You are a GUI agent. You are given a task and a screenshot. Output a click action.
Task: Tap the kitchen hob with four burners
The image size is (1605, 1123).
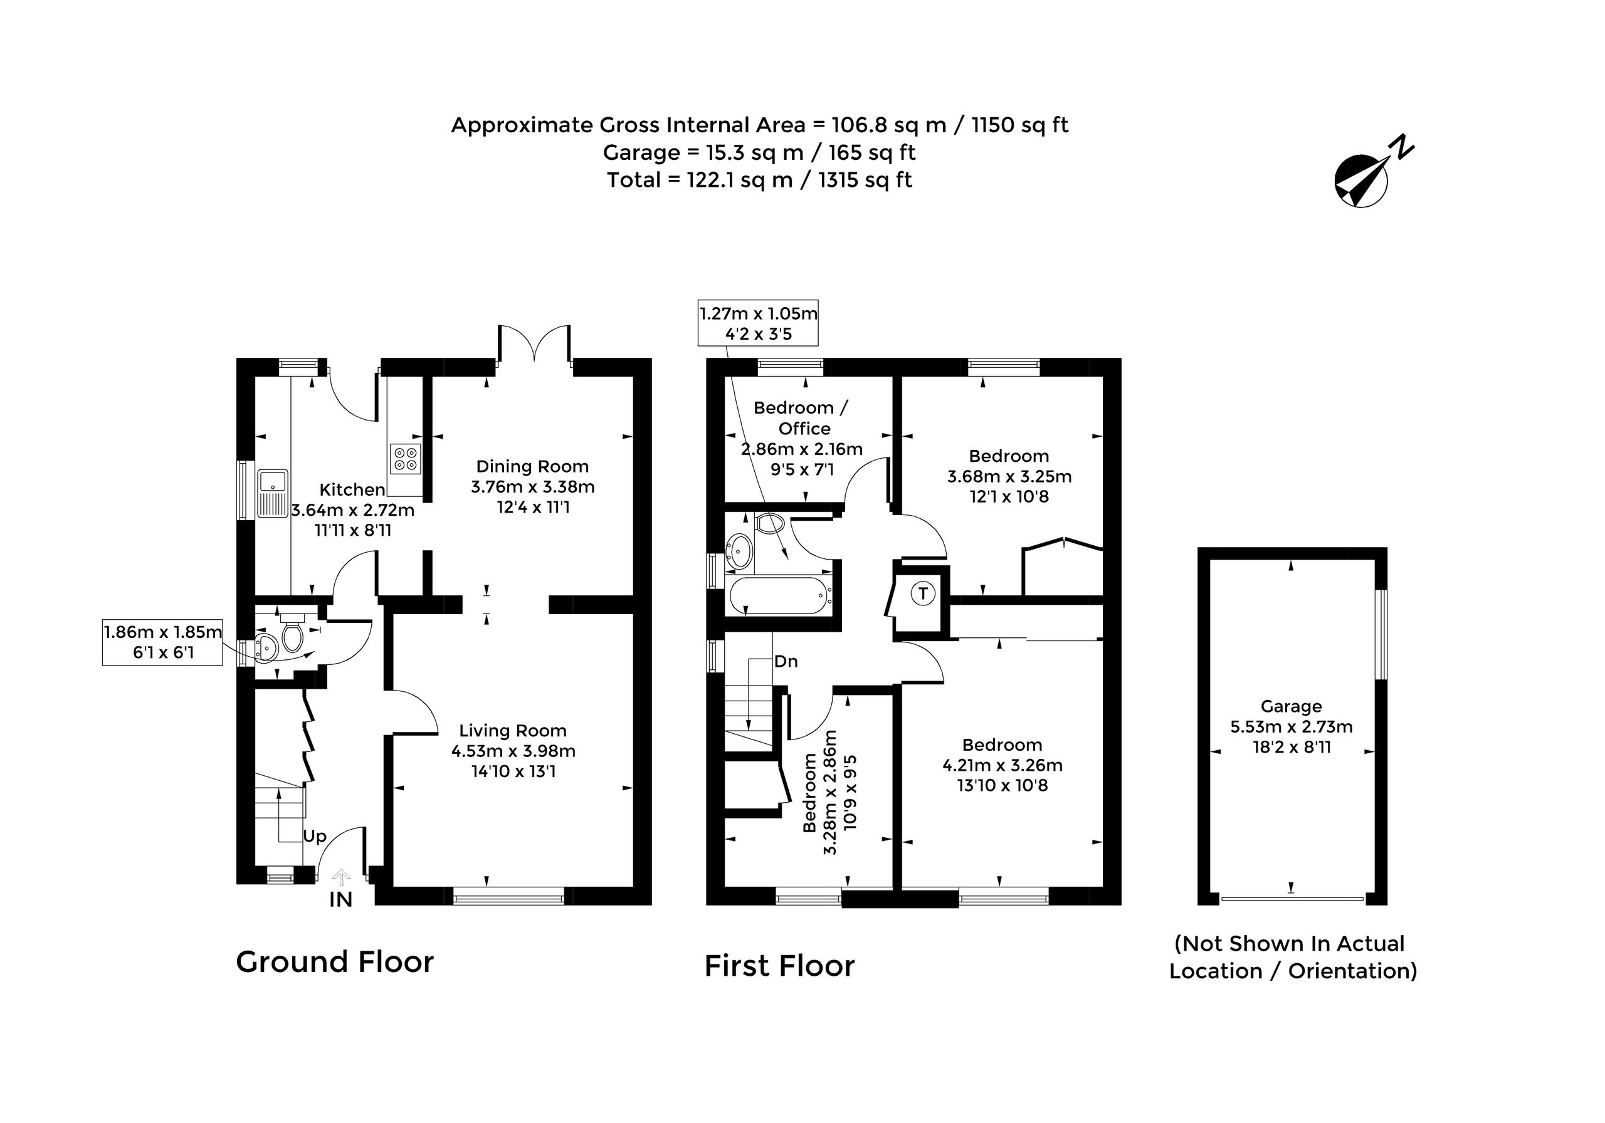[406, 457]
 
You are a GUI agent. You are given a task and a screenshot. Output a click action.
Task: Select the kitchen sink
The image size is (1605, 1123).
[273, 493]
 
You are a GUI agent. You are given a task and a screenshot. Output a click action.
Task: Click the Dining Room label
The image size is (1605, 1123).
[533, 466]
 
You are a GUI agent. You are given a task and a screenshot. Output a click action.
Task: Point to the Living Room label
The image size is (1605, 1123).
[512, 730]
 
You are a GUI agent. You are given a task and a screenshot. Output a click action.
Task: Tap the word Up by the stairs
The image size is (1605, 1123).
[315, 837]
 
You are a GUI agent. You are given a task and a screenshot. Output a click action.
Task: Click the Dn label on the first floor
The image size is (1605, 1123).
[786, 661]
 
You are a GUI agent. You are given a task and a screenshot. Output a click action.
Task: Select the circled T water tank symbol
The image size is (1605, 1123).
[923, 594]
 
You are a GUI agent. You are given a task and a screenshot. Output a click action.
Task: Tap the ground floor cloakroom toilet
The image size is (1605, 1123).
[292, 635]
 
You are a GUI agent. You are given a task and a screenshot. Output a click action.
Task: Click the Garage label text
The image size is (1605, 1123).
[1291, 706]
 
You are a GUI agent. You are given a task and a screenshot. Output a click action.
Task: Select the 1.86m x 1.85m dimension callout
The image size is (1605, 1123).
[163, 642]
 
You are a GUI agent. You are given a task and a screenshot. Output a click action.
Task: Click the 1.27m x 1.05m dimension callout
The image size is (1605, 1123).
[759, 323]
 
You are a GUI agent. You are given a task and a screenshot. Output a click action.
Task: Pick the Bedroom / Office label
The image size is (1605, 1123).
[802, 418]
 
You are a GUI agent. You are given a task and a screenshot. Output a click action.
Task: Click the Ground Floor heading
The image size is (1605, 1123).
[335, 963]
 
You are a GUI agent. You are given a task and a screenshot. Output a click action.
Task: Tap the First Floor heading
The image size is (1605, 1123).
[779, 966]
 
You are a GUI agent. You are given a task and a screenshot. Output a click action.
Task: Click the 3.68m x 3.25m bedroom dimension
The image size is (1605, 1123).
[1009, 477]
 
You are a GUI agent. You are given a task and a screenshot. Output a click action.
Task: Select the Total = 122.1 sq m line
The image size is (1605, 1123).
[759, 180]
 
